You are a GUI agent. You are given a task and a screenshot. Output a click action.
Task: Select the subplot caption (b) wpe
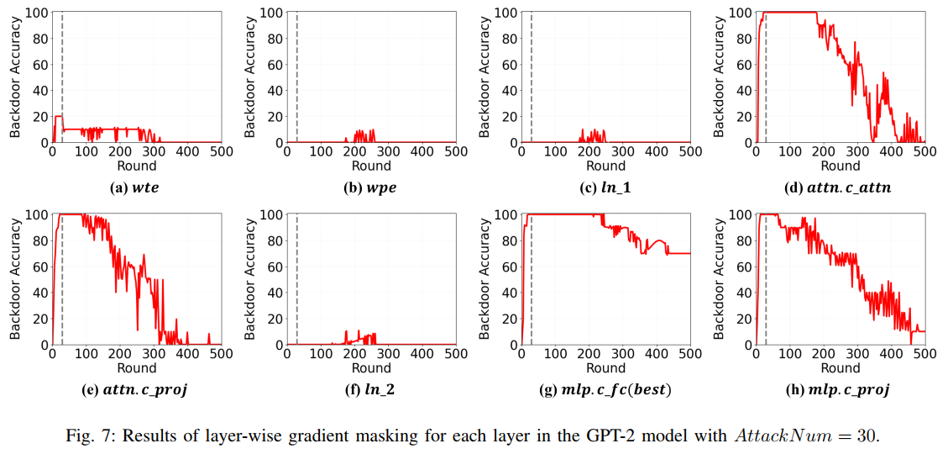coord(369,187)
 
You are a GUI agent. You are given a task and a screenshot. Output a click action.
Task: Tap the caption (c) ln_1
coord(605,187)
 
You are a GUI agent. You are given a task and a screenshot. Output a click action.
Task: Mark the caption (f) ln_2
coord(369,389)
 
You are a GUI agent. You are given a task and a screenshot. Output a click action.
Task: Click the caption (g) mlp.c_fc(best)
coord(605,389)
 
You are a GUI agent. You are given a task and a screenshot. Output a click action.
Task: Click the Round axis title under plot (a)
coord(137,166)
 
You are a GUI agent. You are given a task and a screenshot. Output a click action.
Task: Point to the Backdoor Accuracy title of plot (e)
coord(15,279)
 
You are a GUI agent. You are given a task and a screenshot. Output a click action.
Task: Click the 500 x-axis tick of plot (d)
coord(924,152)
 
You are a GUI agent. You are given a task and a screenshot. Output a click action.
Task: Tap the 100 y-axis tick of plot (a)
coord(36,13)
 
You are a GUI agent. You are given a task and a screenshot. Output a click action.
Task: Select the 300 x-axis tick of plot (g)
coord(622,354)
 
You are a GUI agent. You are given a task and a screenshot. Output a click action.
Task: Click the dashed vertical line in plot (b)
coord(297,76)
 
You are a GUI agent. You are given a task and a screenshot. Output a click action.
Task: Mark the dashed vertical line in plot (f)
coord(297,277)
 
